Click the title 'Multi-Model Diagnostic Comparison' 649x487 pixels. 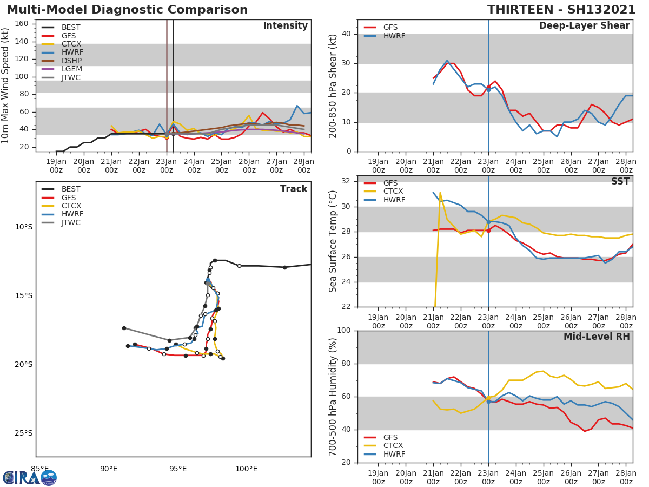tap(127, 10)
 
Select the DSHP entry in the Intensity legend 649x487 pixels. tap(71, 61)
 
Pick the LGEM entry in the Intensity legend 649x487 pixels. tap(71, 69)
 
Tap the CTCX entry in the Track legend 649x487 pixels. tap(71, 206)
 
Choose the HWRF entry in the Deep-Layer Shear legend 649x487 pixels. tap(394, 36)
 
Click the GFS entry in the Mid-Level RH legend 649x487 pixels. tap(390, 437)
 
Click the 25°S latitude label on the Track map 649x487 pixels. tap(23, 433)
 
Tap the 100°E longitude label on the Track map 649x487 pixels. tap(246, 469)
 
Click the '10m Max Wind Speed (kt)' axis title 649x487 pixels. tap(6, 85)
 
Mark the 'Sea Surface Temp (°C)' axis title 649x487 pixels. tap(333, 241)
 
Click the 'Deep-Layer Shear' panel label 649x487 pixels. tap(584, 26)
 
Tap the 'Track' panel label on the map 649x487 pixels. tap(293, 189)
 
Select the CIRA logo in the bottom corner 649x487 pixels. tap(30, 477)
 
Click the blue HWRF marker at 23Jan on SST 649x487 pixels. tap(488, 222)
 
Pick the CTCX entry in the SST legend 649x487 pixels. tap(394, 191)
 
